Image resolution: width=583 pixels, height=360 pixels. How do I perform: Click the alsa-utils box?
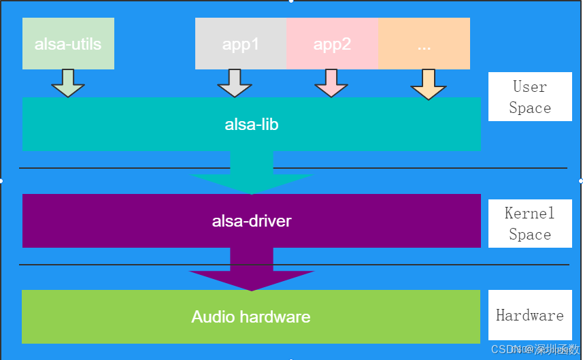68,44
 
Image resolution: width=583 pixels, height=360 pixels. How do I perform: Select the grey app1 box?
241,44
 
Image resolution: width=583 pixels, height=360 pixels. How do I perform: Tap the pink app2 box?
332,44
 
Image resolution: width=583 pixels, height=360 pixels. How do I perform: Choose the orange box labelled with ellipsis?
424,44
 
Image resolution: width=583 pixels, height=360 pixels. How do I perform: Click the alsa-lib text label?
252,125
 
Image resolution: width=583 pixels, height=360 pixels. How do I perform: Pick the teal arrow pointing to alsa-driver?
252,174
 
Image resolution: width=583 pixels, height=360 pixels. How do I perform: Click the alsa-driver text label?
252,221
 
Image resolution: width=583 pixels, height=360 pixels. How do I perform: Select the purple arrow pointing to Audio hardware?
252,272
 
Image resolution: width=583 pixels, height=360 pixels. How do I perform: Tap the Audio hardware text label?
251,317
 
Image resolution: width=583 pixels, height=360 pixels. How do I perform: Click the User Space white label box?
530,97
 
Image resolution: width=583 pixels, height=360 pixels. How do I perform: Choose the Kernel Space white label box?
530,224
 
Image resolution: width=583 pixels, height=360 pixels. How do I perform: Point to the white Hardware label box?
530,315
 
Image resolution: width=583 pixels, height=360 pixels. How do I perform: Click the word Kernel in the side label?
530,214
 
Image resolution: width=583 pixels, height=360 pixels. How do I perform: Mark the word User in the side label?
530,87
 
